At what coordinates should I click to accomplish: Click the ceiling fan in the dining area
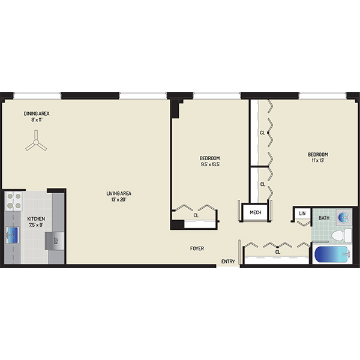pyautogui.click(x=36, y=143)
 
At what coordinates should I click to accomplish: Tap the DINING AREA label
pyautogui.click(x=37, y=113)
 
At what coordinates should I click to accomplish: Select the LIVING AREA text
pyautogui.click(x=119, y=193)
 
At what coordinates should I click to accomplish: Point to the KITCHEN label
pyautogui.click(x=36, y=218)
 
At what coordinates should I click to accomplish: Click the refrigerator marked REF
pyautogui.click(x=55, y=241)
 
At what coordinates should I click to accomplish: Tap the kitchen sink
pyautogui.click(x=12, y=235)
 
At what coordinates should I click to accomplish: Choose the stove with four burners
pyautogui.click(x=14, y=201)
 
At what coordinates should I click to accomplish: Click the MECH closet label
pyautogui.click(x=256, y=212)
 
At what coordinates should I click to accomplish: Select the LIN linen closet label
pyautogui.click(x=302, y=213)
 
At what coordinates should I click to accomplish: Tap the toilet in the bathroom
pyautogui.click(x=341, y=235)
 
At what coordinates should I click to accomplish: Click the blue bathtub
pyautogui.click(x=332, y=254)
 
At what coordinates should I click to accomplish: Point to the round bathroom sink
pyautogui.click(x=344, y=216)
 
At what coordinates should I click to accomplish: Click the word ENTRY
pyautogui.click(x=228, y=261)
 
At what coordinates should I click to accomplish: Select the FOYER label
pyautogui.click(x=197, y=248)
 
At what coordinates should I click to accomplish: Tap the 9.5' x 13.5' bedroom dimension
pyautogui.click(x=211, y=164)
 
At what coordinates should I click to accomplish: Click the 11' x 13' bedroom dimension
pyautogui.click(x=318, y=160)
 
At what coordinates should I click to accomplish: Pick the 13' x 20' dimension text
pyautogui.click(x=119, y=200)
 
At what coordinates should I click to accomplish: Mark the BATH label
pyautogui.click(x=324, y=218)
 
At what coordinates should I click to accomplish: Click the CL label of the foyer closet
pyautogui.click(x=278, y=252)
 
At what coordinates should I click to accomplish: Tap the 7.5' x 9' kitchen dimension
pyautogui.click(x=36, y=225)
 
